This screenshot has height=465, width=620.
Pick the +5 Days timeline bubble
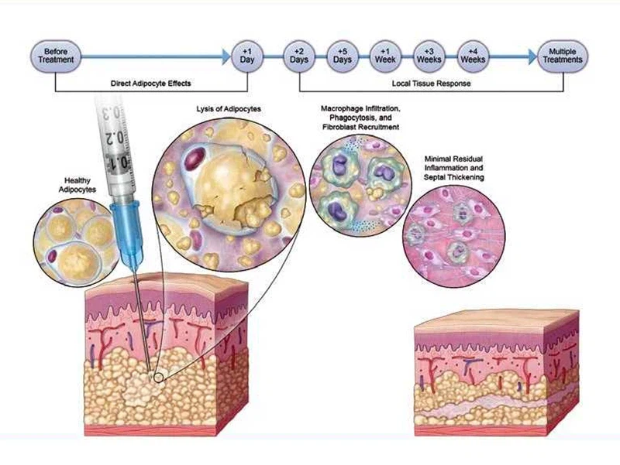pyautogui.click(x=343, y=55)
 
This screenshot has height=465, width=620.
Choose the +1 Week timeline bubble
pyautogui.click(x=385, y=55)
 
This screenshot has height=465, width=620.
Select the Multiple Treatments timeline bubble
pyautogui.click(x=562, y=55)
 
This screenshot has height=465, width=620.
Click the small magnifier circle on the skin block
pyautogui.click(x=158, y=377)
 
